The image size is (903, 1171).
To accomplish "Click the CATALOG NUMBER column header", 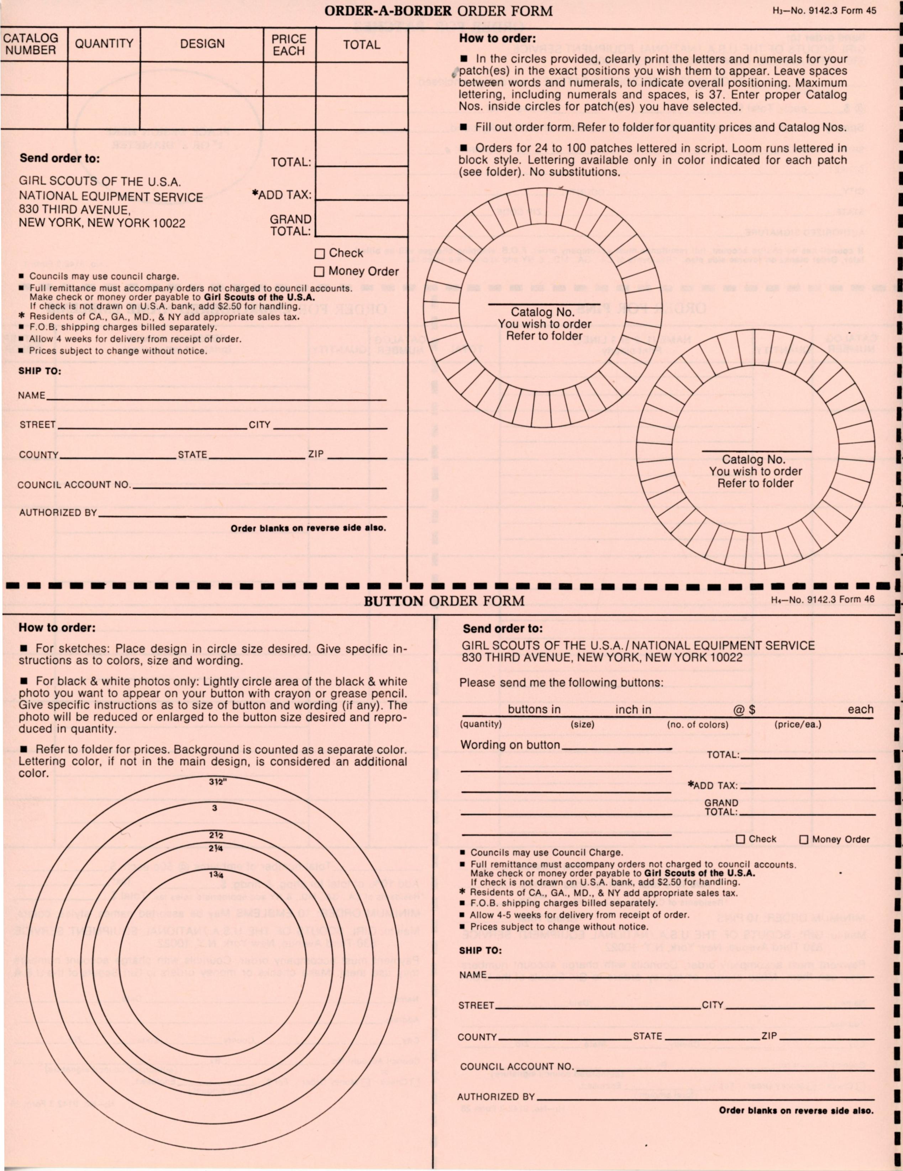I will (31, 44).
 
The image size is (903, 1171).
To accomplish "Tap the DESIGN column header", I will (202, 44).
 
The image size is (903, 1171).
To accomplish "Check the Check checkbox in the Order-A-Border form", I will (320, 253).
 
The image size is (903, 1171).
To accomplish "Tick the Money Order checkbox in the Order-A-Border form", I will (319, 272).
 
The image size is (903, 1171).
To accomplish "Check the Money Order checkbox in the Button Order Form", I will (804, 840).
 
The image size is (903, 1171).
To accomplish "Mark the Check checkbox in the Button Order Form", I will (741, 840).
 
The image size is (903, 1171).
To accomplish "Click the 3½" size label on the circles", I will (217, 782).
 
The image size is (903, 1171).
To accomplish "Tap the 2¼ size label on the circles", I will (216, 848).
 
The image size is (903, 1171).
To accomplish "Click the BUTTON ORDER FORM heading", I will (444, 601).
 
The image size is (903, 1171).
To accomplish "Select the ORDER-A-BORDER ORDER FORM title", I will (439, 11).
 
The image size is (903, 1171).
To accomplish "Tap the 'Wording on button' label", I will (510, 745).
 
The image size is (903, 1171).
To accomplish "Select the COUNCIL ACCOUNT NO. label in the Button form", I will (516, 1067).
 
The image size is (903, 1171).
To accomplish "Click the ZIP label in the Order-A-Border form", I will (316, 454).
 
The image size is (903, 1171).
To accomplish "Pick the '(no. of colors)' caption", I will (698, 725).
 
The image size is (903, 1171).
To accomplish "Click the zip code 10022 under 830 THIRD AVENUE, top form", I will (169, 223).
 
